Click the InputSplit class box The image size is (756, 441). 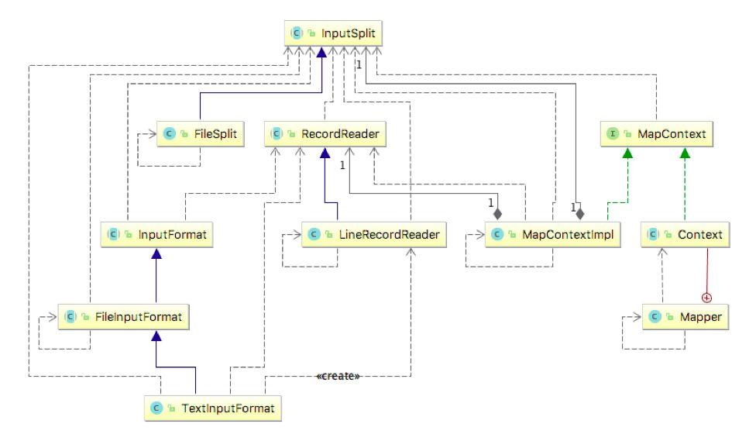tap(335, 34)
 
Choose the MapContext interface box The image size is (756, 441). tap(655, 134)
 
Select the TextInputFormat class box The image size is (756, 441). tap(212, 408)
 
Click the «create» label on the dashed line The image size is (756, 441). tap(338, 376)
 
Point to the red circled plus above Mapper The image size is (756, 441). tap(706, 297)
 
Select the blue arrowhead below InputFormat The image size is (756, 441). tap(156, 253)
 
